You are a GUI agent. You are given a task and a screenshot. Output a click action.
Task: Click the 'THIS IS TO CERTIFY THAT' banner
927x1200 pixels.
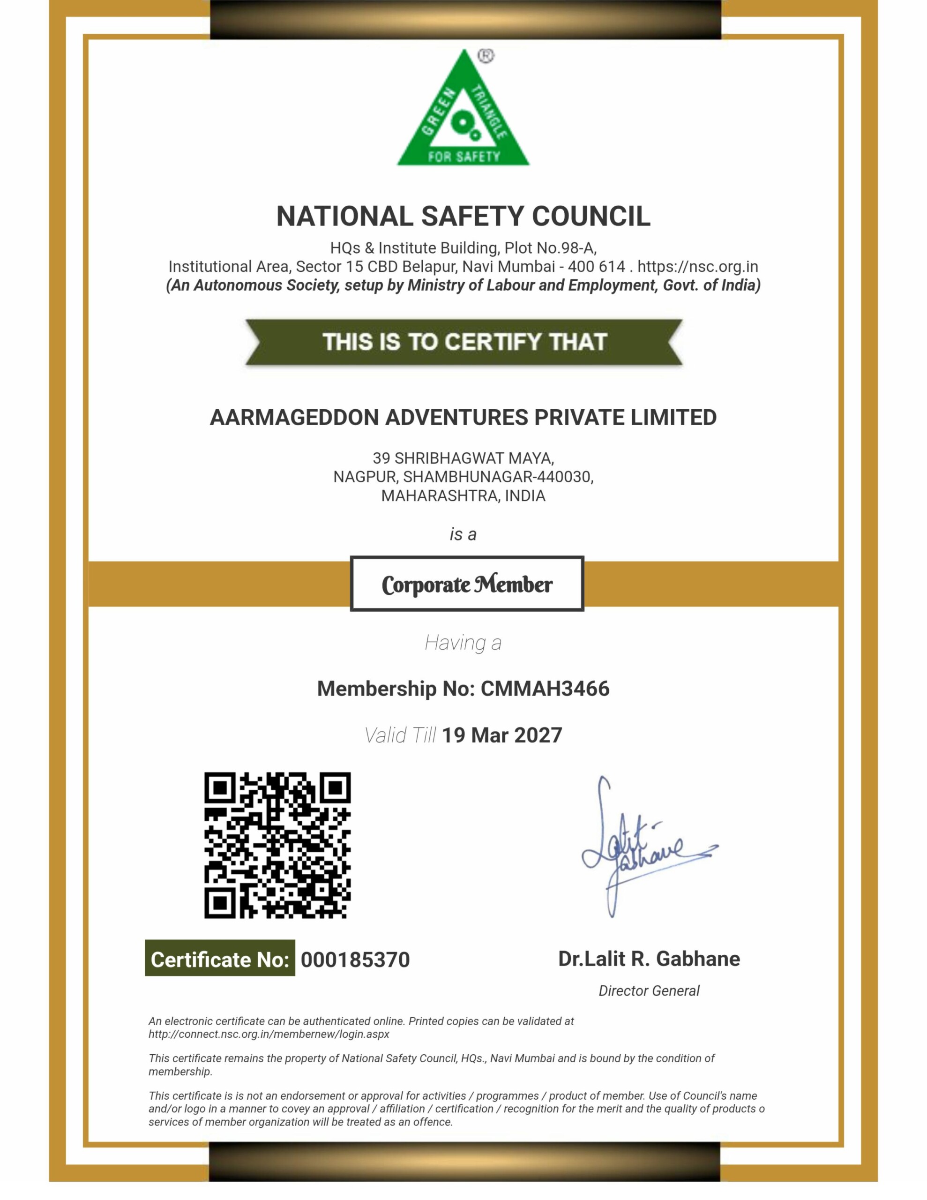pos(464,342)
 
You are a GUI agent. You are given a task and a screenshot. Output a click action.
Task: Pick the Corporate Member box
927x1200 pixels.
pos(466,584)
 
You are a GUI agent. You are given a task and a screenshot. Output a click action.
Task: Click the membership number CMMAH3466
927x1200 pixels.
pos(545,689)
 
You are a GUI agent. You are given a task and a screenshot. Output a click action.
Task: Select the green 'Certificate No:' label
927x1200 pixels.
pos(220,960)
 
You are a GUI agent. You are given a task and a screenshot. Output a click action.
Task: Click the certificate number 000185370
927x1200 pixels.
pos(355,960)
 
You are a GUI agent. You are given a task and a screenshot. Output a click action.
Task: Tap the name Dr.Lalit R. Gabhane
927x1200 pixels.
pos(649,958)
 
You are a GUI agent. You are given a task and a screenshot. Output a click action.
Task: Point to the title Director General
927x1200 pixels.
pos(649,990)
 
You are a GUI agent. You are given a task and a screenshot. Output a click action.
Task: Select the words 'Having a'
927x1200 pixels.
pos(463,642)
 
